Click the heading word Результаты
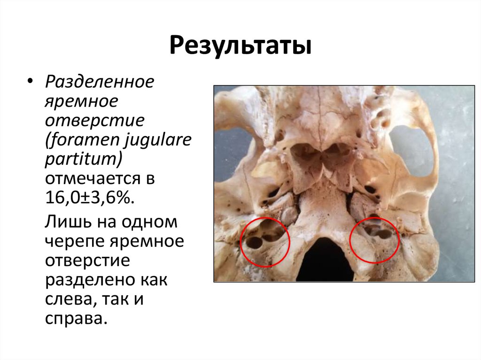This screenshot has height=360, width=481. pyautogui.click(x=240, y=47)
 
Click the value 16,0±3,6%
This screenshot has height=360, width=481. pyautogui.click(x=90, y=199)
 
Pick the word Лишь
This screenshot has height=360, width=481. pyautogui.click(x=64, y=222)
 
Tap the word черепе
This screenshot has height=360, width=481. pyautogui.click(x=75, y=242)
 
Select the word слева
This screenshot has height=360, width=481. pyautogui.click(x=70, y=299)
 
